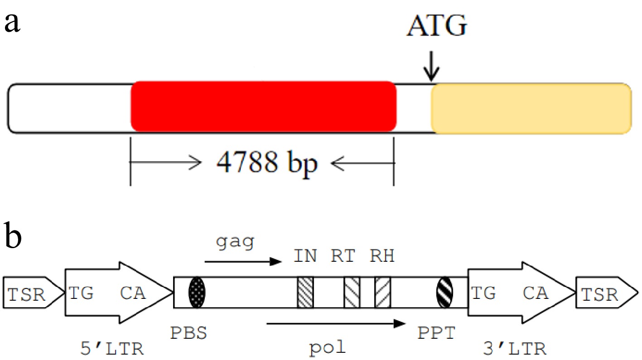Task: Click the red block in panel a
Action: pos(263,107)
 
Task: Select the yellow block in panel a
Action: pos(531,109)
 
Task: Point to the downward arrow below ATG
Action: pos(432,68)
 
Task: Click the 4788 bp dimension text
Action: pos(267,162)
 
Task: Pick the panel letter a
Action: pos(12,23)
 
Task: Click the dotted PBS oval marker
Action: pos(197,293)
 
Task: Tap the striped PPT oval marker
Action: pos(444,293)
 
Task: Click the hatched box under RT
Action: pos(352,293)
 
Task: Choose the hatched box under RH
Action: pos(383,293)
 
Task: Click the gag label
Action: pos(236,243)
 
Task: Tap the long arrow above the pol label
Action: pos(335,323)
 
